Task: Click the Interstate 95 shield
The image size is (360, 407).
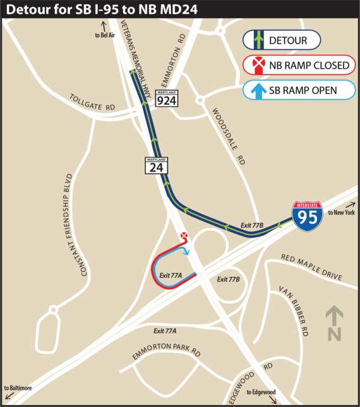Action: click(307, 216)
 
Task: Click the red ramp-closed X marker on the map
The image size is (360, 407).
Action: click(184, 236)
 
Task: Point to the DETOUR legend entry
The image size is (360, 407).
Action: click(282, 41)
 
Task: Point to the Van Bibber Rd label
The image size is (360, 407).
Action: click(294, 310)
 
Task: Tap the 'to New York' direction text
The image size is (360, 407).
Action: click(342, 213)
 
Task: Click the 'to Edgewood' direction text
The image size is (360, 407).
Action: click(261, 392)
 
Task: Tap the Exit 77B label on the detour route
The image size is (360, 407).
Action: click(252, 225)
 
